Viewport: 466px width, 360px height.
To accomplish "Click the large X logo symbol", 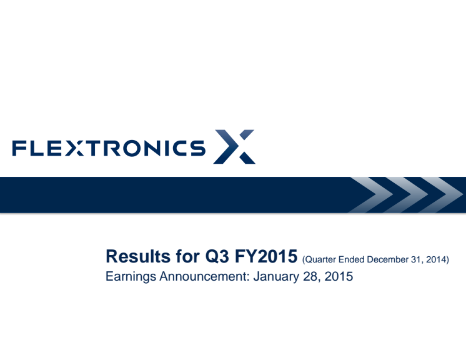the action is (234, 146).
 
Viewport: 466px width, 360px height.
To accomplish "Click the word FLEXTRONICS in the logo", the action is (109, 148).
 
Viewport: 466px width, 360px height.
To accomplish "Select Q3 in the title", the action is (217, 256).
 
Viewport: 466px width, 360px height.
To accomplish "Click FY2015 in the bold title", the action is (266, 256).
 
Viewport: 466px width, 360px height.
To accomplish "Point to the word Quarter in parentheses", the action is (319, 259).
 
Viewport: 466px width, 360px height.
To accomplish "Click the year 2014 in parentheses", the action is (436, 259).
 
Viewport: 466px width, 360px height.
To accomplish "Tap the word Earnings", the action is (131, 277).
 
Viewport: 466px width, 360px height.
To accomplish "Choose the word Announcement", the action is (204, 276).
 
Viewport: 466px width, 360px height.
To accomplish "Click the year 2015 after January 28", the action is (339, 276).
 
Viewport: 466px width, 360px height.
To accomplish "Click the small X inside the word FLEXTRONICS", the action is (74, 148).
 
